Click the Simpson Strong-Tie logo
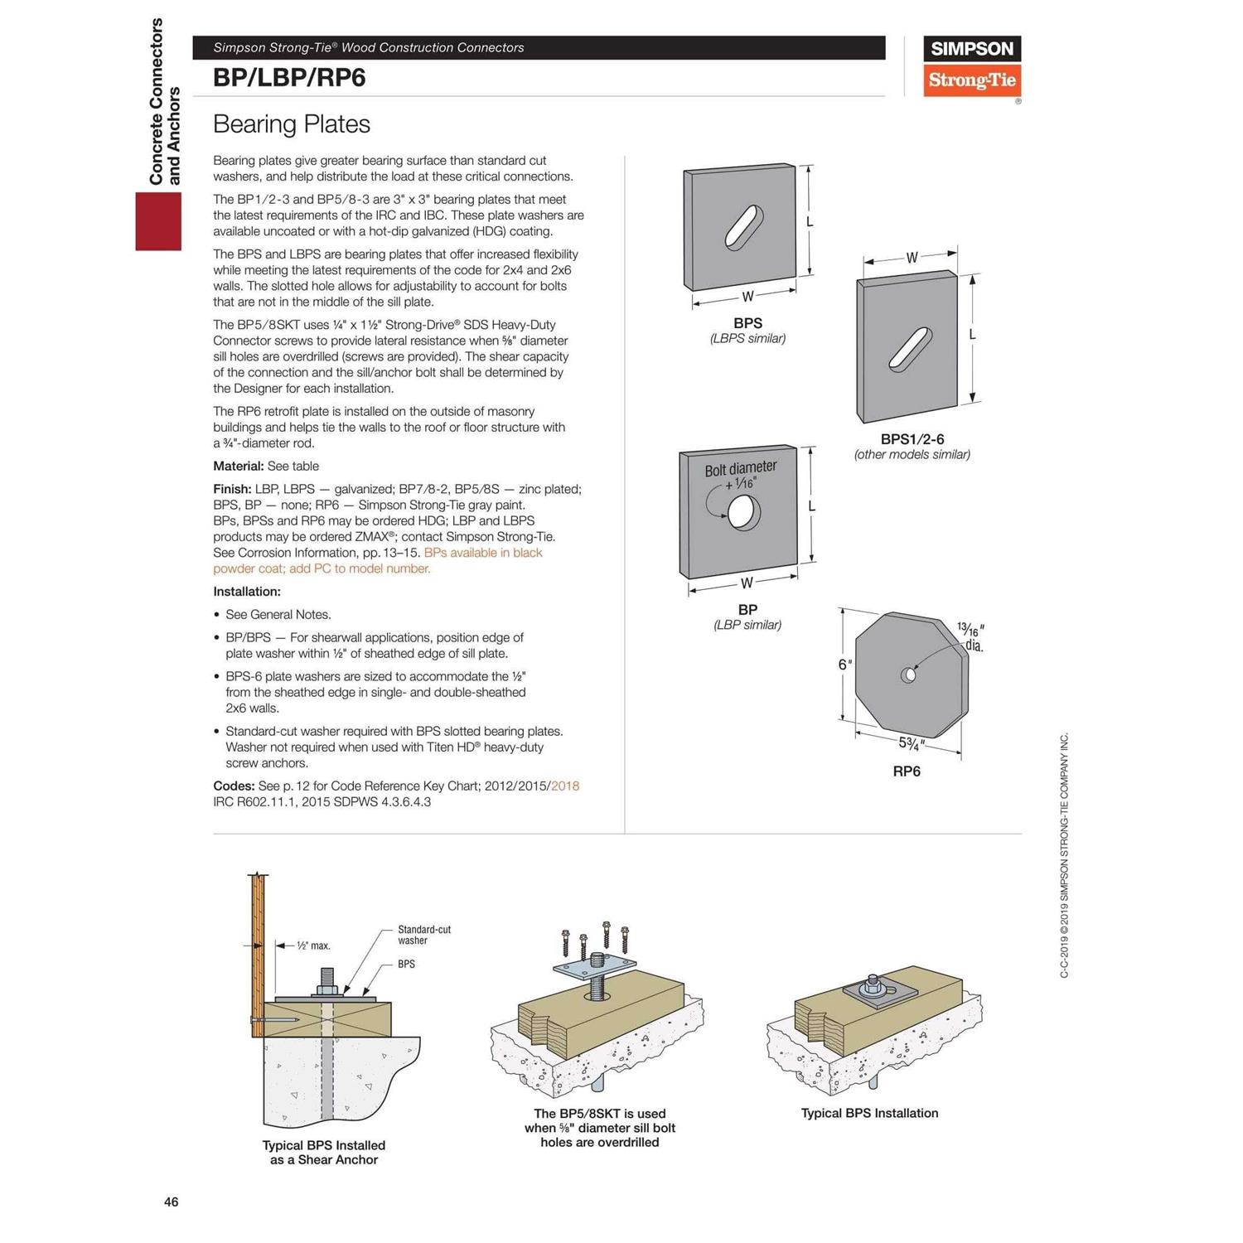point(971,66)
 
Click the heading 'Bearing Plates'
point(291,124)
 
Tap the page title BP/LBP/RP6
point(289,78)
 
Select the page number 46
point(171,1202)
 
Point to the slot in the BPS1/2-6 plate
point(909,349)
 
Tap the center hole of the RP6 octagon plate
point(908,675)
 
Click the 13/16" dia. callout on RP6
point(971,637)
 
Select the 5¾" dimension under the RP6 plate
point(912,743)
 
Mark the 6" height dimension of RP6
point(844,665)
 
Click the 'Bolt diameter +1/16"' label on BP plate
point(740,475)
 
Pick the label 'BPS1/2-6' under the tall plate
point(912,439)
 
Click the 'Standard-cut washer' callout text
point(423,935)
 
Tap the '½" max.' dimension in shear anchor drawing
point(312,946)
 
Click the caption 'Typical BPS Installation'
point(869,1113)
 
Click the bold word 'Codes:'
point(234,786)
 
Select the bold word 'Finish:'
point(232,489)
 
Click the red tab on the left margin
point(158,221)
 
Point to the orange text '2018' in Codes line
point(565,786)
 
